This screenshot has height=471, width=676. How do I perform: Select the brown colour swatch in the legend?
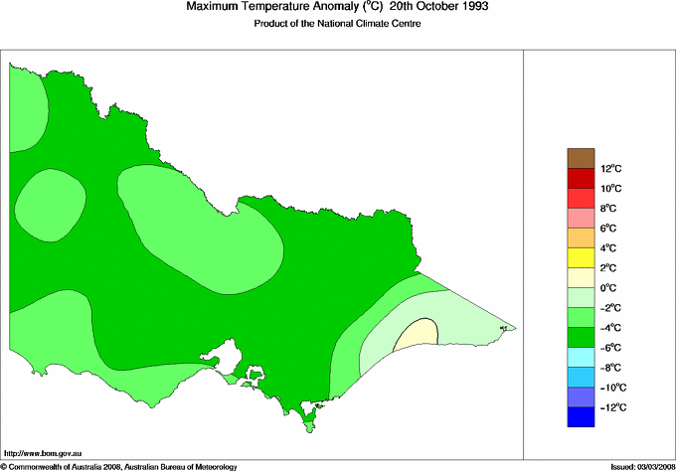tap(581, 157)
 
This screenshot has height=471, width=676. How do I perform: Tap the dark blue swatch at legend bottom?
tap(581, 417)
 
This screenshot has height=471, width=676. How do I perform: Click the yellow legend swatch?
tap(581, 257)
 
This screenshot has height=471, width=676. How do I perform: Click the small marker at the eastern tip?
tap(503, 327)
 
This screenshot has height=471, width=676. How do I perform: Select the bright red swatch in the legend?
tap(581, 178)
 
